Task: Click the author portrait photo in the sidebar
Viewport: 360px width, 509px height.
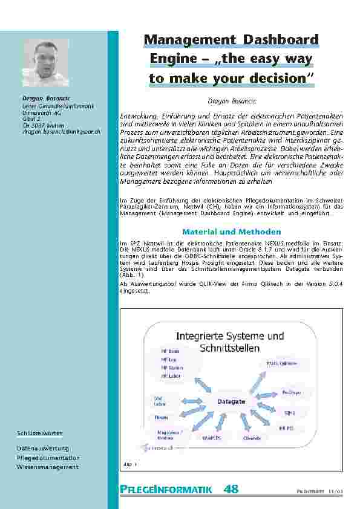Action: pos(46,63)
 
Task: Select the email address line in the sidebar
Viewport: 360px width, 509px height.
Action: pos(57,131)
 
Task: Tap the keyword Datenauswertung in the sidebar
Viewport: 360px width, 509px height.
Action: pos(43,449)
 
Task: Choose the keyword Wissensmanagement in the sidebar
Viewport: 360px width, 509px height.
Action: pos(48,467)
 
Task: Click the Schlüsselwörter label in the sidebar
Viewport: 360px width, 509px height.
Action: pos(40,433)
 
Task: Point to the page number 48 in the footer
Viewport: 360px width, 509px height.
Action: pos(231,489)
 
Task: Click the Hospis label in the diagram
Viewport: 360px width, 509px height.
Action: pos(161,417)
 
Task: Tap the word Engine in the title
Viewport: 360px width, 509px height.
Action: pos(171,59)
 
